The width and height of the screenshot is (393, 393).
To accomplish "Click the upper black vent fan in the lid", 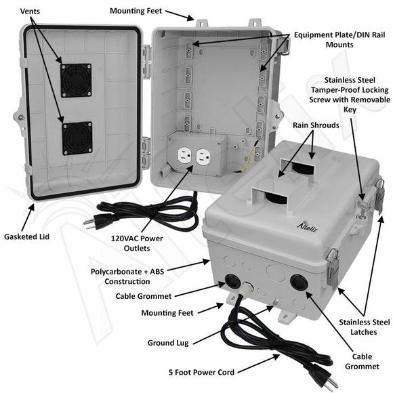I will (75, 80).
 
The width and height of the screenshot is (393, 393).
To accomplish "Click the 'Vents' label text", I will (33, 12).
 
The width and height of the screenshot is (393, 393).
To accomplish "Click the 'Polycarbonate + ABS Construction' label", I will (121, 276).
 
